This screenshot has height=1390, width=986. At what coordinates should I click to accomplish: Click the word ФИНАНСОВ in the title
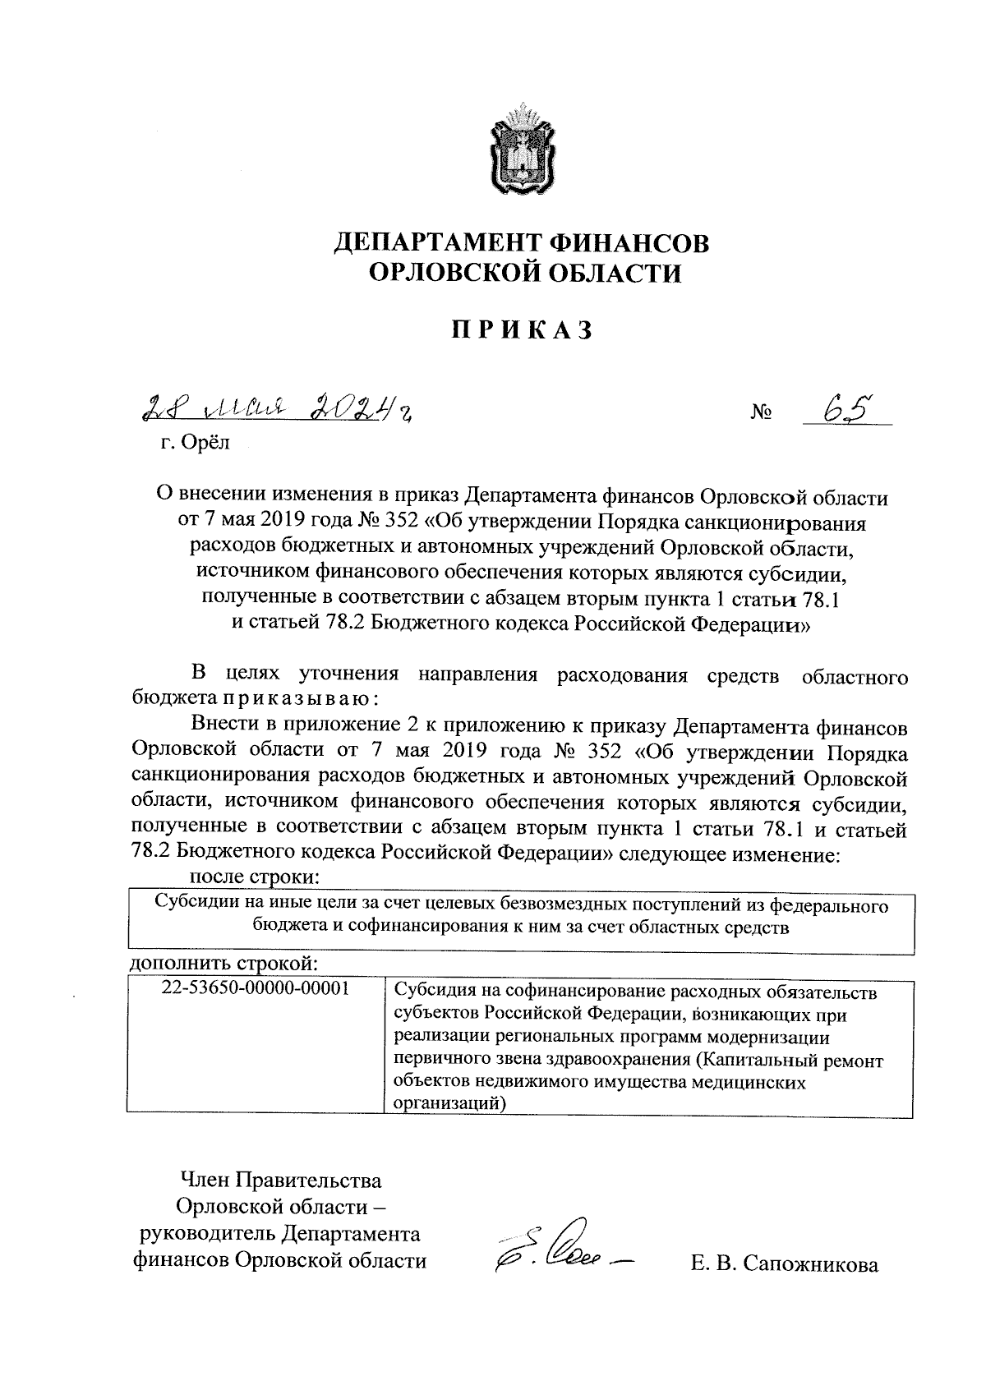coord(627,243)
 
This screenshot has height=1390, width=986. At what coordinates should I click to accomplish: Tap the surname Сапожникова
coord(810,1264)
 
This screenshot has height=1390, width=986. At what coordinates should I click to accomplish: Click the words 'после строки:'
coord(254,877)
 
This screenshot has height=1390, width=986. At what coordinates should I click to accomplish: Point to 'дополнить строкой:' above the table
coord(223,962)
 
